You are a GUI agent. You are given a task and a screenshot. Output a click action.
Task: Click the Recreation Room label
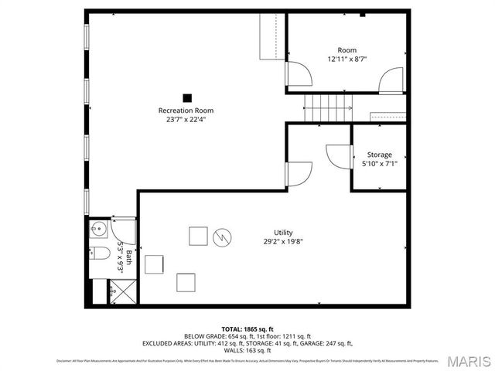186,110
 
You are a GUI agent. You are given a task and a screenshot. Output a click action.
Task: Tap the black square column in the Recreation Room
186,97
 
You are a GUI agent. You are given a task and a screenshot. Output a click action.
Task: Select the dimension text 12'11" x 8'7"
346,59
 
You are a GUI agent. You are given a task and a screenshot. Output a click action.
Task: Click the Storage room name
379,155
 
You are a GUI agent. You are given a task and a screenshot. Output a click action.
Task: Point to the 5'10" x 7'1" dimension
379,164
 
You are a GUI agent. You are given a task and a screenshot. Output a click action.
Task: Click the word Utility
283,232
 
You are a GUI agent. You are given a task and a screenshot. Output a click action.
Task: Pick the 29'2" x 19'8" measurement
283,241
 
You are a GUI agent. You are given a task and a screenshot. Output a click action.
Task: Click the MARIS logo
468,360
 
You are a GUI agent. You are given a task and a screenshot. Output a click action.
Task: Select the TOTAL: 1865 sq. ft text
247,328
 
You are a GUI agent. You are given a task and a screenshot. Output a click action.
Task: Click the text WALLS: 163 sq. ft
247,350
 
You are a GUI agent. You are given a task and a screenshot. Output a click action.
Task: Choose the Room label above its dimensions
346,49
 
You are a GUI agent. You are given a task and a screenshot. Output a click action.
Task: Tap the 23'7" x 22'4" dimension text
186,119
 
